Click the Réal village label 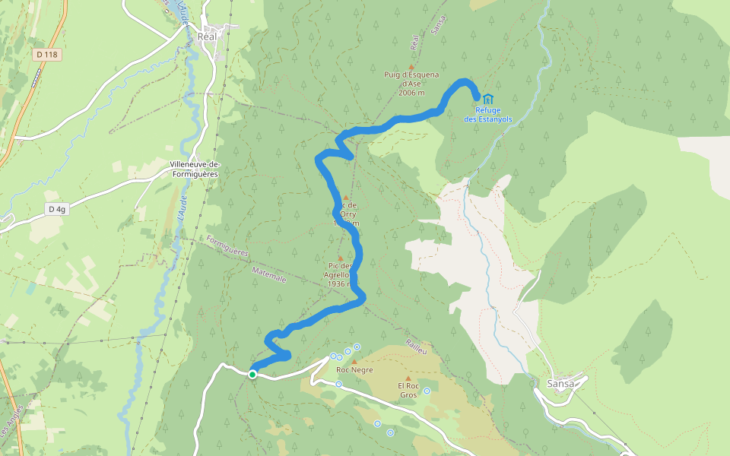click(x=207, y=36)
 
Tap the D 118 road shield click(x=47, y=55)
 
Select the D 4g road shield click(x=56, y=209)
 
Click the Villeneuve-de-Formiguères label click(x=194, y=169)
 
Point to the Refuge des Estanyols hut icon click(x=487, y=99)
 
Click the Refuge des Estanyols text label click(x=488, y=115)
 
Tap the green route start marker click(x=252, y=374)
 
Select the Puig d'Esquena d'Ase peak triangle click(x=411, y=67)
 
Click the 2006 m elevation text click(x=411, y=93)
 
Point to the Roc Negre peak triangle click(x=354, y=362)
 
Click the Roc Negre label click(x=354, y=370)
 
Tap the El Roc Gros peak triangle click(x=408, y=378)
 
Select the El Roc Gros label click(x=408, y=391)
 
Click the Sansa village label click(x=561, y=384)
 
